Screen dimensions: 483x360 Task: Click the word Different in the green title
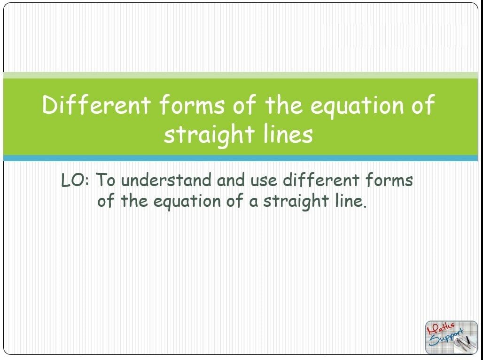tap(96, 104)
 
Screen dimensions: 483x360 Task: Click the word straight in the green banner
tap(209, 135)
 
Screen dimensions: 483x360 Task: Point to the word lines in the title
tap(288, 134)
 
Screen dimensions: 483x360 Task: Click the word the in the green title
tap(283, 104)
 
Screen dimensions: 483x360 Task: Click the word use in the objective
tap(264, 181)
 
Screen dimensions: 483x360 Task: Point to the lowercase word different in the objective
tap(321, 180)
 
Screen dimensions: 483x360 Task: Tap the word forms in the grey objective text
tap(389, 180)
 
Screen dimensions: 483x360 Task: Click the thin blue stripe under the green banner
tap(240, 158)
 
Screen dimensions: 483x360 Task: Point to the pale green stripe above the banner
tap(240, 75)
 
